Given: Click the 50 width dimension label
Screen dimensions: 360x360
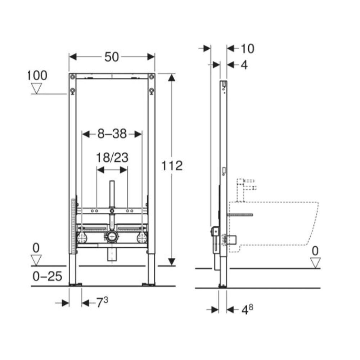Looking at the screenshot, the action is pyautogui.click(x=112, y=57).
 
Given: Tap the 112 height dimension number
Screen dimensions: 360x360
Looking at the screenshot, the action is pyautogui.click(x=172, y=166).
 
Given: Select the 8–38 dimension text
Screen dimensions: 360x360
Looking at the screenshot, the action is pyautogui.click(x=112, y=134).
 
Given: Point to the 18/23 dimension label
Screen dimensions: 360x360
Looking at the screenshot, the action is pyautogui.click(x=112, y=158).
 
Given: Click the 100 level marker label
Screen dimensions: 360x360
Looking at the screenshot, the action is pyautogui.click(x=37, y=75).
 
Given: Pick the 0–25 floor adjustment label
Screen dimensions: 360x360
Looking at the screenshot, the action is pyautogui.click(x=48, y=276).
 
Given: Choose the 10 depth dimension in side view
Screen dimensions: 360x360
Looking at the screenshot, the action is pyautogui.click(x=248, y=49).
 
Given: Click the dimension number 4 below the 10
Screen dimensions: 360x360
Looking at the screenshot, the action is pyautogui.click(x=244, y=65).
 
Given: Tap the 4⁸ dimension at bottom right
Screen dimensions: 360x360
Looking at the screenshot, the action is pyautogui.click(x=247, y=310).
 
